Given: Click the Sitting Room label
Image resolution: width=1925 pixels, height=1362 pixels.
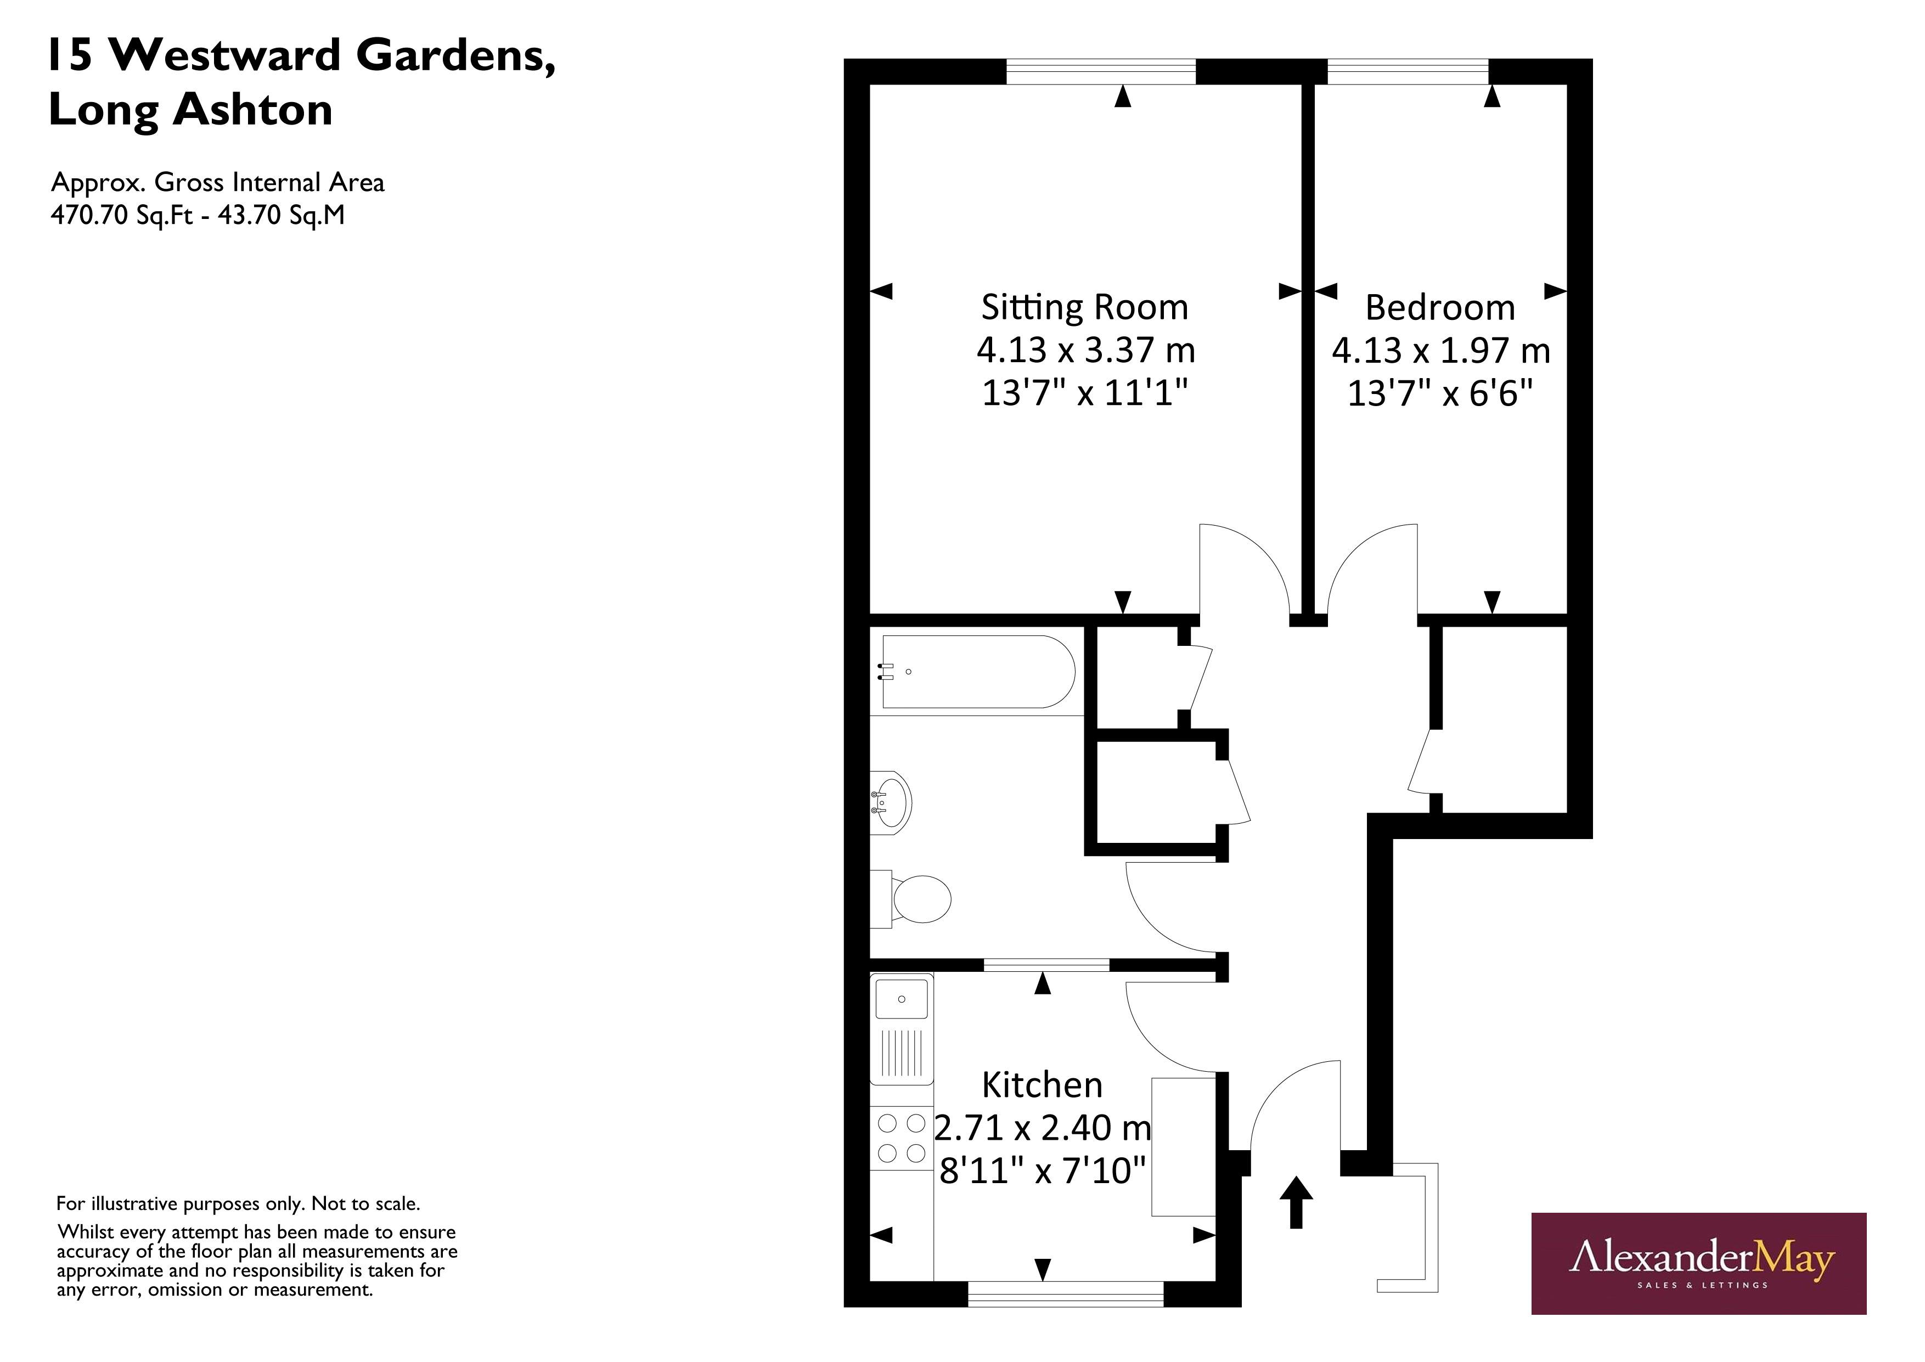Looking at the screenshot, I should (x=1085, y=308).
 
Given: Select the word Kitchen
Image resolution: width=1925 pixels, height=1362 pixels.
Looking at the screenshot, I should (x=1042, y=1085).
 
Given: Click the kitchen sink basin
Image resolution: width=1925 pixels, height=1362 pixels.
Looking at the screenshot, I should (x=901, y=1000).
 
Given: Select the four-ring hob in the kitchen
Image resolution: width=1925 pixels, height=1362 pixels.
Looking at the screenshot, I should (x=901, y=1138).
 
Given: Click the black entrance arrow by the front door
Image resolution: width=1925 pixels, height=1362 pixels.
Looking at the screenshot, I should (x=1296, y=1202).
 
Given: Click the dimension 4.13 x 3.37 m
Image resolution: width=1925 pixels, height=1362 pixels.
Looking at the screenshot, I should (x=1085, y=350).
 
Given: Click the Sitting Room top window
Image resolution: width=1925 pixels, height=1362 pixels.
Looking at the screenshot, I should (x=1100, y=72).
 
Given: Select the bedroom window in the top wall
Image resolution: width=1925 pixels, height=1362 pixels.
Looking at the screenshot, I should (x=1407, y=72).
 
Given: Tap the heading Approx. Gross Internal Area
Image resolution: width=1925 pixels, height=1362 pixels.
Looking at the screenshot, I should (x=217, y=182).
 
